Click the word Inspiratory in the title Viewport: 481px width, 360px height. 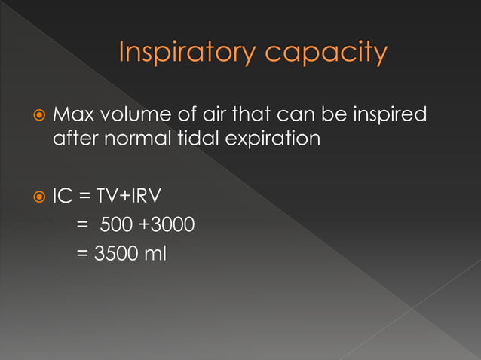point(187,53)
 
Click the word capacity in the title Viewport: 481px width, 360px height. point(326,53)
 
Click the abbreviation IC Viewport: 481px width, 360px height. point(62,199)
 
